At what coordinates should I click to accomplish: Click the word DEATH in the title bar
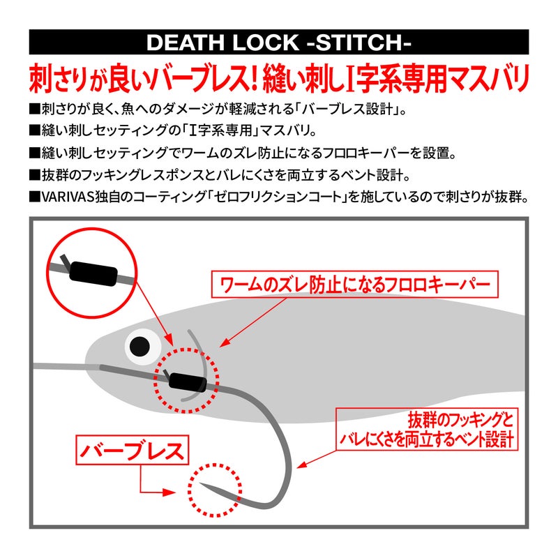click(186, 43)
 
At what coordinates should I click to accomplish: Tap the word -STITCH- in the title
click(359, 43)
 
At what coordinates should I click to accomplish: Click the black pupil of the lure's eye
click(140, 346)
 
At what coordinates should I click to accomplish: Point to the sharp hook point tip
click(200, 483)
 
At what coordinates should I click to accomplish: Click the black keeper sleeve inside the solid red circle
click(93, 273)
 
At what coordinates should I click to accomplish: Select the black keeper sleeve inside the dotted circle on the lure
click(188, 382)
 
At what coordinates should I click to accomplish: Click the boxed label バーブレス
click(133, 450)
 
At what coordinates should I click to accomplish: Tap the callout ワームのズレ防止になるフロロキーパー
click(355, 285)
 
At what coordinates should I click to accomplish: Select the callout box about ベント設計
click(427, 429)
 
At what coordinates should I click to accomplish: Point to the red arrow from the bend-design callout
click(317, 459)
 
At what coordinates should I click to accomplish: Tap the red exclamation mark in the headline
click(252, 79)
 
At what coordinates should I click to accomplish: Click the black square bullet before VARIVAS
click(34, 197)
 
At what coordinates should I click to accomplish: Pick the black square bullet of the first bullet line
click(34, 110)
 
